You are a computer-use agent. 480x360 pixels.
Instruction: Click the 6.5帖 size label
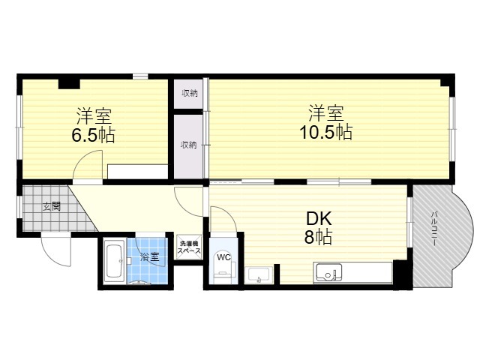pyautogui.click(x=93, y=135)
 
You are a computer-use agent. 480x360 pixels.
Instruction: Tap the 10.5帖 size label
pyautogui.click(x=325, y=132)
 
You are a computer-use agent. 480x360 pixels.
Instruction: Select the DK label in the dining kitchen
pyautogui.click(x=319, y=219)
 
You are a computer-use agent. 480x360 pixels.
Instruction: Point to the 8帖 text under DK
pyautogui.click(x=318, y=237)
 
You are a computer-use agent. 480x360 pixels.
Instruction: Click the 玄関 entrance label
pyautogui.click(x=52, y=207)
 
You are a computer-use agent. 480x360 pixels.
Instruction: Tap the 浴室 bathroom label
pyautogui.click(x=150, y=256)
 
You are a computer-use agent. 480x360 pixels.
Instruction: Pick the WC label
pyautogui.click(x=223, y=258)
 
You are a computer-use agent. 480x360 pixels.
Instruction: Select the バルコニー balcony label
pyautogui.click(x=433, y=228)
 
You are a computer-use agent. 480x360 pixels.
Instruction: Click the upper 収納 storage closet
pyautogui.click(x=189, y=93)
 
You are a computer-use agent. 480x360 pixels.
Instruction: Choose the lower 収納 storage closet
pyautogui.click(x=189, y=145)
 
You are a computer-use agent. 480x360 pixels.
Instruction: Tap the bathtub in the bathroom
pyautogui.click(x=114, y=262)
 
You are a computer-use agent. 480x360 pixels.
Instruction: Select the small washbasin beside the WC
pyautogui.click(x=259, y=275)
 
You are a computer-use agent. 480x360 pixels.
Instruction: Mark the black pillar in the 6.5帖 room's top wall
pyautogui.click(x=69, y=84)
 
